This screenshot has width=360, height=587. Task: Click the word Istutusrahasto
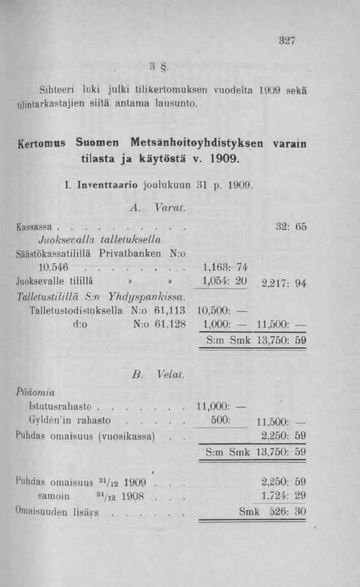[61, 405]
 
